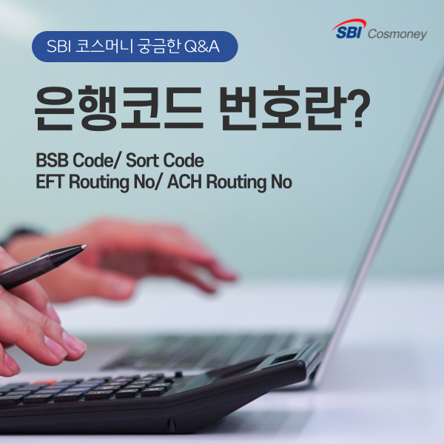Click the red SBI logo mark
tap(351, 32)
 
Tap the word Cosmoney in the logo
tap(397, 34)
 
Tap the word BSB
tap(52, 161)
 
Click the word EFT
tap(50, 182)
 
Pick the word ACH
tap(185, 182)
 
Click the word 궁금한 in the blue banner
tap(157, 47)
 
